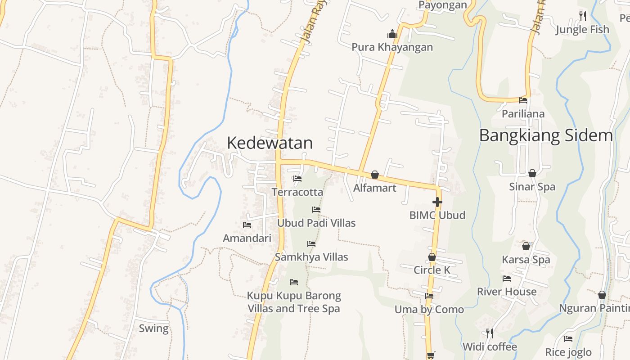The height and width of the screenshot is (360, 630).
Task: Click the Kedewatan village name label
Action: click(x=270, y=143)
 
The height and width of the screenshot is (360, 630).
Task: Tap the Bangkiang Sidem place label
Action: click(x=546, y=135)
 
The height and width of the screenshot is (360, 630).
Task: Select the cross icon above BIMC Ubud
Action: click(x=437, y=202)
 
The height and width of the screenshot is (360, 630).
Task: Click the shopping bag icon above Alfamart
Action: click(x=374, y=175)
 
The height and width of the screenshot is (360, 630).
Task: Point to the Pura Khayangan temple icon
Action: click(x=392, y=34)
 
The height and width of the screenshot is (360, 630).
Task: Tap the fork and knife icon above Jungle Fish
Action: click(x=583, y=16)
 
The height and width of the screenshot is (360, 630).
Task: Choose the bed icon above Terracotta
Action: click(x=297, y=179)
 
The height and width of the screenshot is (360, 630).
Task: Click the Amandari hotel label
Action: click(x=247, y=238)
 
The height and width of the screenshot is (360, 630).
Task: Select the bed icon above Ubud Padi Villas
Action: click(x=316, y=210)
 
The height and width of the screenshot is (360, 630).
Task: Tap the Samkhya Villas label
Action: click(x=311, y=257)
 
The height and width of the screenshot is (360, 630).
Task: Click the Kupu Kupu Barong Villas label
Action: click(x=294, y=302)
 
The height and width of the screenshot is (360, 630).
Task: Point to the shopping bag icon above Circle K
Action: click(x=432, y=257)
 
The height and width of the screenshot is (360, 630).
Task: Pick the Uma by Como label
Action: click(x=429, y=310)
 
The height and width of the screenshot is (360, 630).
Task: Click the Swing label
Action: click(x=153, y=328)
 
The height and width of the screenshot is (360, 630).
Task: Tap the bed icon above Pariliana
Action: click(x=523, y=100)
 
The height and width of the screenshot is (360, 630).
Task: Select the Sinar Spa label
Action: click(x=532, y=187)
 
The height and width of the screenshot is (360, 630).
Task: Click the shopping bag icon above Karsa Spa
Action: click(x=526, y=246)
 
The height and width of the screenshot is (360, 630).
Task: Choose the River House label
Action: click(x=507, y=292)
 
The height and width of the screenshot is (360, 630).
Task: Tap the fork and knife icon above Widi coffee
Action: click(x=490, y=333)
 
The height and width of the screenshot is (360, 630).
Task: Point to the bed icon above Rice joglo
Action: click(x=568, y=339)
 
